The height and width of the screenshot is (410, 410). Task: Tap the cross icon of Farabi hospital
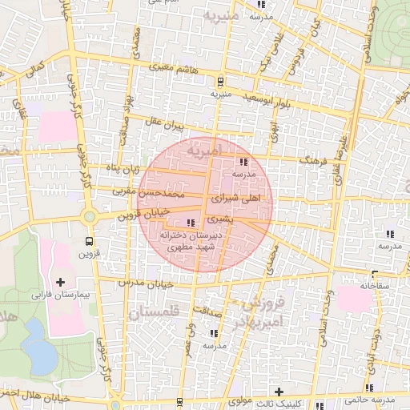pyautogui.click(x=61, y=282)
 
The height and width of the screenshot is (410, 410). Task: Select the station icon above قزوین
pyautogui.click(x=89, y=240)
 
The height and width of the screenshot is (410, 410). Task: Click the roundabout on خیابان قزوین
pyautogui.click(x=89, y=216)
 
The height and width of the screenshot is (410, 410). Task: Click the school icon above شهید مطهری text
pyautogui.click(x=190, y=223)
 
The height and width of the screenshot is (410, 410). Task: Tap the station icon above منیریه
pyautogui.click(x=220, y=80)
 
